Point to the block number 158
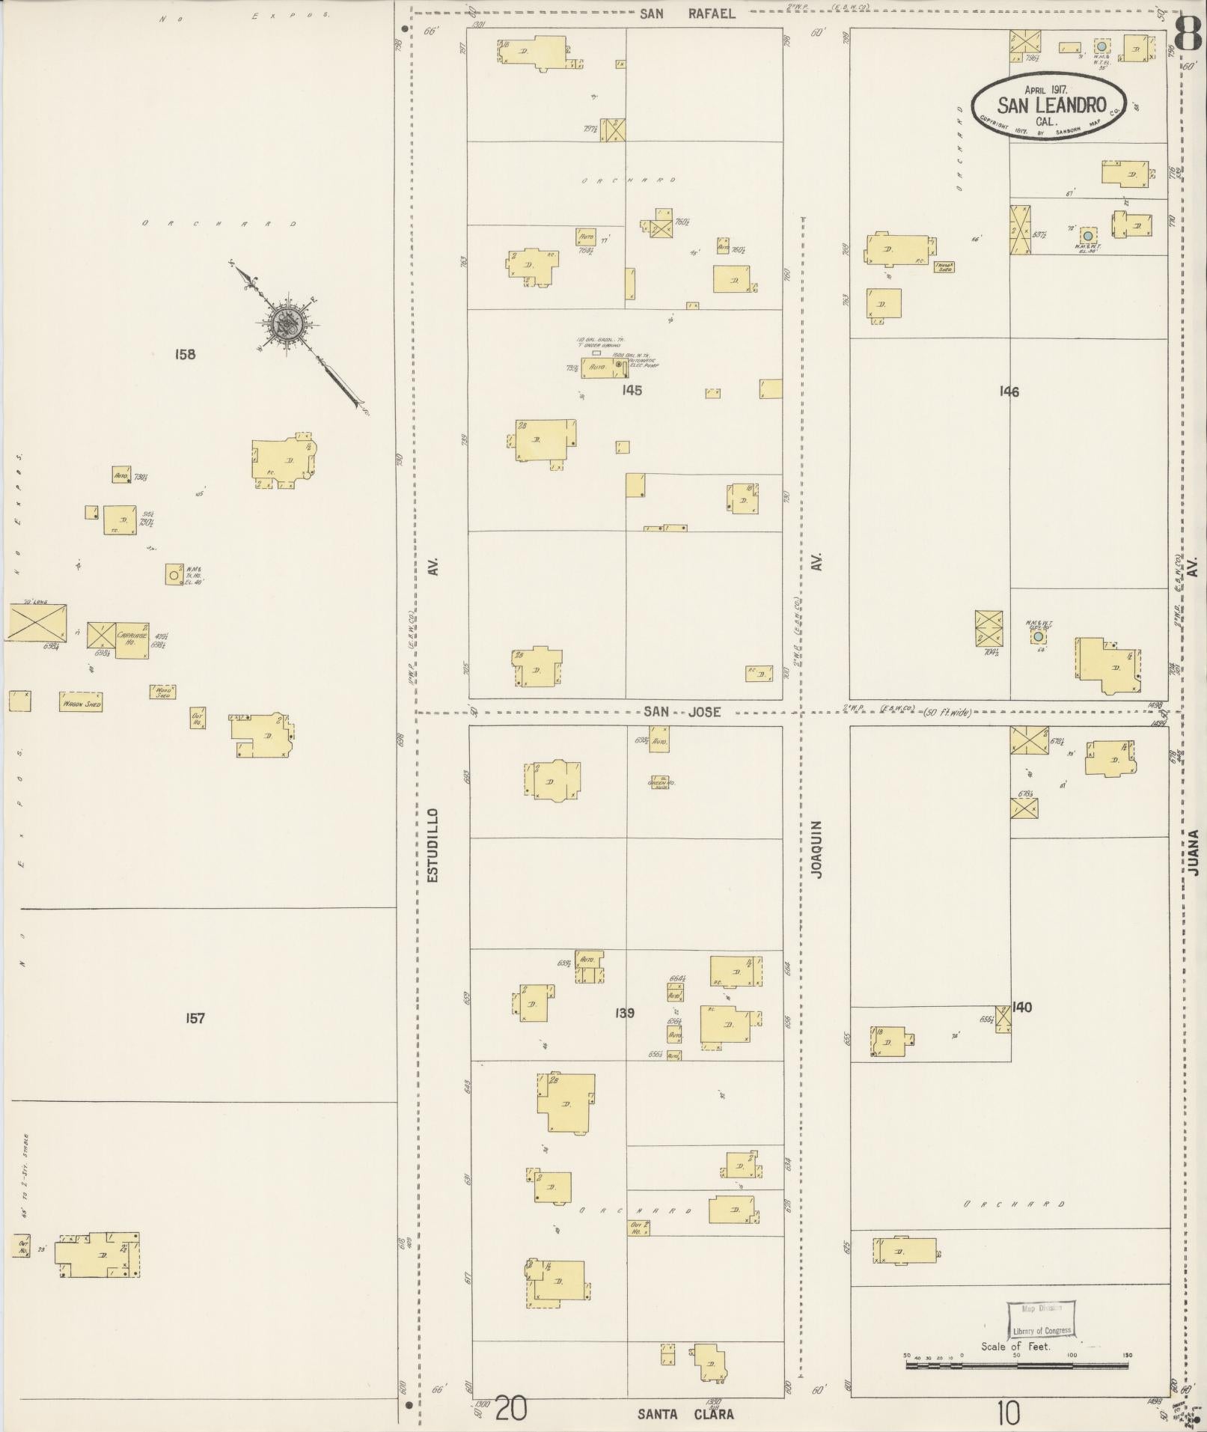(185, 354)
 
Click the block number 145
(632, 390)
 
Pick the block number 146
(1009, 391)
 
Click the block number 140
(1021, 1008)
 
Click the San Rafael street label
(687, 13)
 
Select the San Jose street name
(682, 712)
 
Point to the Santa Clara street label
(685, 1414)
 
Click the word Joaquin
(816, 849)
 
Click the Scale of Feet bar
(1016, 1365)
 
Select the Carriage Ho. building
(132, 640)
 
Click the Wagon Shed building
(81, 702)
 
